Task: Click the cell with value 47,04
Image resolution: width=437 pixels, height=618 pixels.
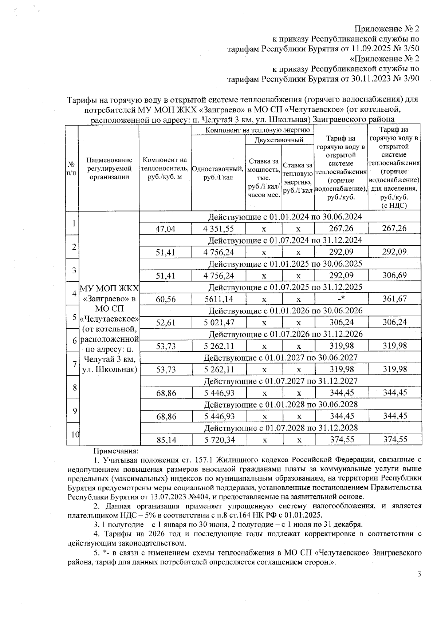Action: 166,229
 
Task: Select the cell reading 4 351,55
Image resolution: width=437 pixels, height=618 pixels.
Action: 219,229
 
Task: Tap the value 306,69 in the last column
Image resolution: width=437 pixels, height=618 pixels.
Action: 394,276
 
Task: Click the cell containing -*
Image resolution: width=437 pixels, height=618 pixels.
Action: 341,299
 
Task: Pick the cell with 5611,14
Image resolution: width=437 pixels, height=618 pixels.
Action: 219,299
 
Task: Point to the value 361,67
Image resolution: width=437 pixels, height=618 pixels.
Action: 394,299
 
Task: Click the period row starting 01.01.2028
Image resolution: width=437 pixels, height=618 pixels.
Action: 280,405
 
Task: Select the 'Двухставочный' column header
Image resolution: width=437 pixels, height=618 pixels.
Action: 279,140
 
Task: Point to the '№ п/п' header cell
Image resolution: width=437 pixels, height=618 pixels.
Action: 72,169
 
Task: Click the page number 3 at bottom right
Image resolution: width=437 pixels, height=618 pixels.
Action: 419,574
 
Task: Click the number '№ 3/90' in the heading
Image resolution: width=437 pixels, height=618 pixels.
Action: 407,79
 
